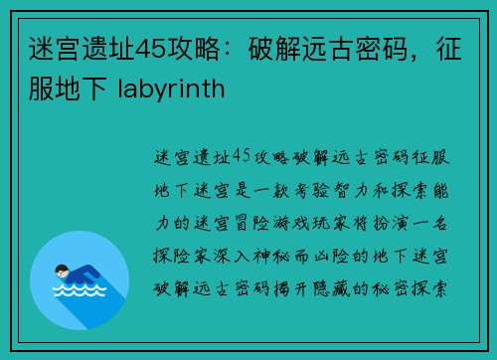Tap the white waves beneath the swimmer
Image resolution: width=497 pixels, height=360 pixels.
(80, 292)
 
